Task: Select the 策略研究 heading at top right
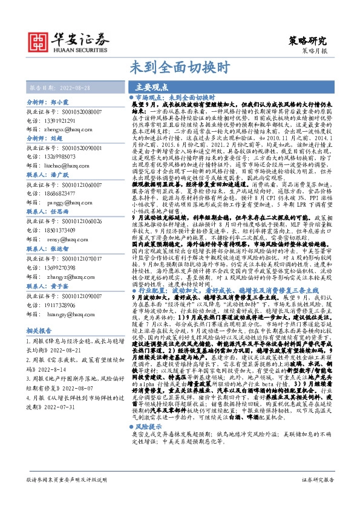(x=309, y=41)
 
